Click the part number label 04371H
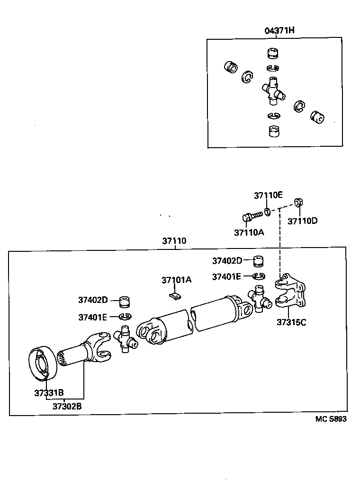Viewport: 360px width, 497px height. tap(279, 31)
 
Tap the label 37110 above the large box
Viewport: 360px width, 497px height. tap(174, 241)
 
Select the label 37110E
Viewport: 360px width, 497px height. tap(268, 195)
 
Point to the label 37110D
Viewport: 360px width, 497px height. tap(303, 221)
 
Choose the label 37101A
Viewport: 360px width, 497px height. tap(176, 280)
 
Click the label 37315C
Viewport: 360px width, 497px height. tap(291, 323)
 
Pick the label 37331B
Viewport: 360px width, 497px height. tap(49, 392)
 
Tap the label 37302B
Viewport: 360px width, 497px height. tap(67, 406)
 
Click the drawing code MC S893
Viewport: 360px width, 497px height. tap(331, 419)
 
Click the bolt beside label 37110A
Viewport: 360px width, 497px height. tap(252, 216)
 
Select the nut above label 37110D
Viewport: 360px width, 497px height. tap(299, 203)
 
